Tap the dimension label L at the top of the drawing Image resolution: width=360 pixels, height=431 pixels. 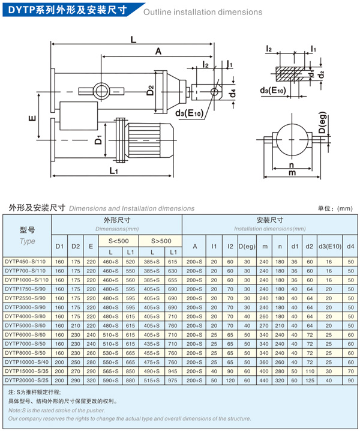click(x=133, y=39)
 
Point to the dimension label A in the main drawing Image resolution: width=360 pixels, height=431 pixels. click(x=158, y=52)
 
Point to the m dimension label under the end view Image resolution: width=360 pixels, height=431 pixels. click(x=292, y=173)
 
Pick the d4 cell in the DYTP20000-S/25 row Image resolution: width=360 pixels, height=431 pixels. click(x=350, y=379)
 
